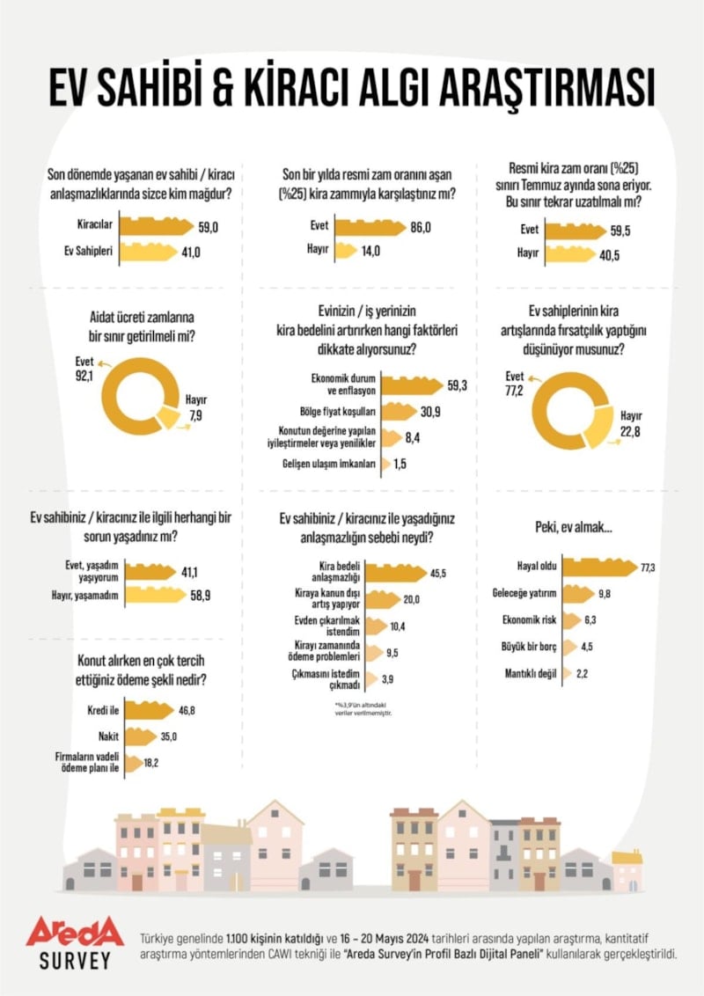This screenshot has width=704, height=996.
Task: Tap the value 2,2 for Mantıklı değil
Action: coord(605,676)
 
